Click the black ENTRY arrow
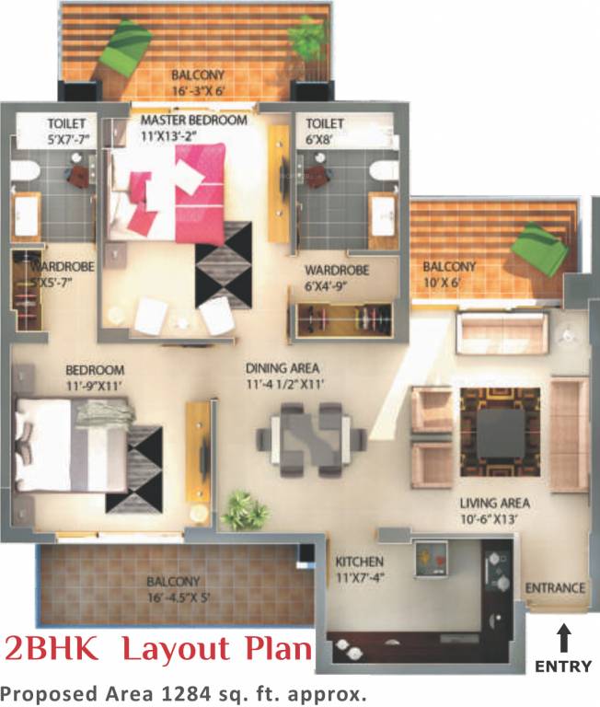point(563,637)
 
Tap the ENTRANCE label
point(555,588)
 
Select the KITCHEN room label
point(359,562)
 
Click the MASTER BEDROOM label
point(193,121)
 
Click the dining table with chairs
point(306,434)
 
